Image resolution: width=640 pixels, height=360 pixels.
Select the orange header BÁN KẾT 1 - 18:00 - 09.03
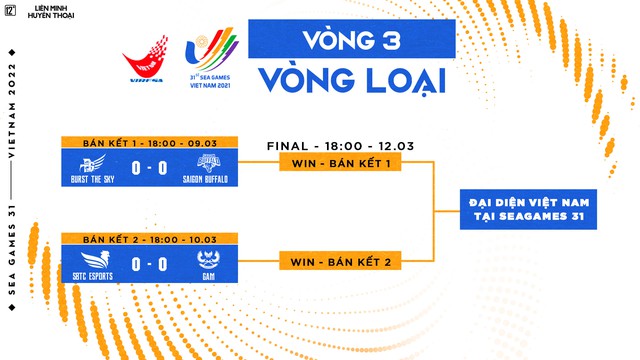149,141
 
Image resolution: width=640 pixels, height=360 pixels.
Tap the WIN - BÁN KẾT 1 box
340,162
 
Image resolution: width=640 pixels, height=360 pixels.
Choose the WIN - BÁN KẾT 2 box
340,262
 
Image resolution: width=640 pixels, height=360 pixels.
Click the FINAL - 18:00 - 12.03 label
340,145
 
